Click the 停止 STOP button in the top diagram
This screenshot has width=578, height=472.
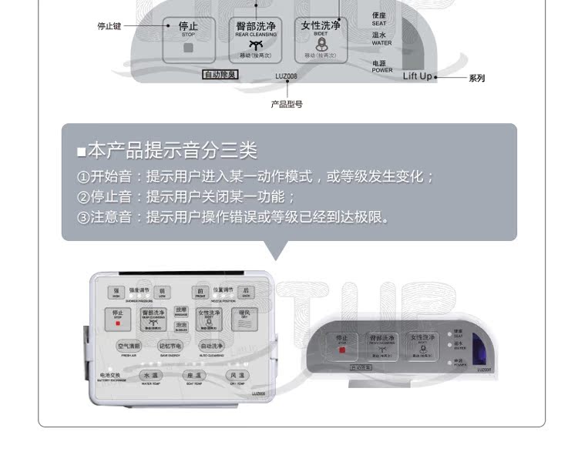pyautogui.click(x=188, y=39)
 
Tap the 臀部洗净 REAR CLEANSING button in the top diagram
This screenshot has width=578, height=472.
pyautogui.click(x=256, y=39)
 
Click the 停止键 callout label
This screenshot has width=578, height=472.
pyautogui.click(x=109, y=26)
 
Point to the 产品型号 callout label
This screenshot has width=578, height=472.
pyautogui.click(x=286, y=104)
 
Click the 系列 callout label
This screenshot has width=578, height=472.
pyautogui.click(x=476, y=78)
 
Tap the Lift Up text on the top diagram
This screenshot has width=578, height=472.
pyautogui.click(x=418, y=76)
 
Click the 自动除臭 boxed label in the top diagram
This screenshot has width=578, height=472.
pyautogui.click(x=220, y=75)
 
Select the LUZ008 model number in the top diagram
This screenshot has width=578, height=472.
pyautogui.click(x=286, y=75)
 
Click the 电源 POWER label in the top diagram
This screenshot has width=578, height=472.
pyautogui.click(x=381, y=66)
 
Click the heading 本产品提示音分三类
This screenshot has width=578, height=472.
pyautogui.click(x=173, y=150)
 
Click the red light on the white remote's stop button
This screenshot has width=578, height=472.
pyautogui.click(x=118, y=323)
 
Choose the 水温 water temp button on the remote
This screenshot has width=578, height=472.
pyautogui.click(x=150, y=375)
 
